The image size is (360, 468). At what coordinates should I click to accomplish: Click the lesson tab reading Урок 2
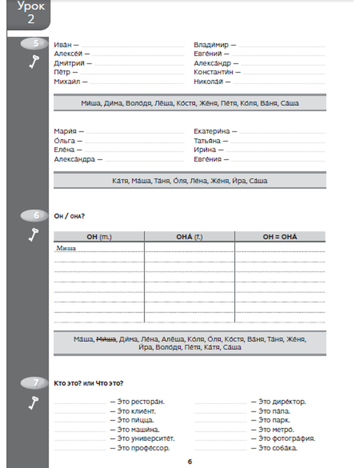point(30,13)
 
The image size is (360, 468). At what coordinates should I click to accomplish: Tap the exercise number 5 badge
point(35,44)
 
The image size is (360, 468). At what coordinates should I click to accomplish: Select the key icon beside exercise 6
point(34,235)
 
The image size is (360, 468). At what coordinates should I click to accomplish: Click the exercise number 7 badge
point(35,383)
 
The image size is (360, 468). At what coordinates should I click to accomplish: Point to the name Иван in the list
point(63,45)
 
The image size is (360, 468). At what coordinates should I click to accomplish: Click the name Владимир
point(211,45)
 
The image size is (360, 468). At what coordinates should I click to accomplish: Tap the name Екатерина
point(211,131)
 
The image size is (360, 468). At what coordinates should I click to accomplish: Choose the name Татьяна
point(207,141)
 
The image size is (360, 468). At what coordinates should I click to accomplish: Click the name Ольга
point(64,141)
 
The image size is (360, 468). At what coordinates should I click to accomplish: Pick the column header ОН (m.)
point(99,237)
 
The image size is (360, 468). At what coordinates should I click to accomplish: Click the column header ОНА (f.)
point(189,237)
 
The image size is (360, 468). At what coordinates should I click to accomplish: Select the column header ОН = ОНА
point(280,237)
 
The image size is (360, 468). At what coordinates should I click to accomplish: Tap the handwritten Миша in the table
point(66,248)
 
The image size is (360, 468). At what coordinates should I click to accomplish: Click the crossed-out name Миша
point(106,339)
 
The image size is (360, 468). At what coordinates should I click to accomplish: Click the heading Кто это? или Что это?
point(88,383)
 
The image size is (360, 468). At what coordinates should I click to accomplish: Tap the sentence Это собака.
point(278,448)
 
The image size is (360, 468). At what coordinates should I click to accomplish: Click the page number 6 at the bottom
point(190,462)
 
